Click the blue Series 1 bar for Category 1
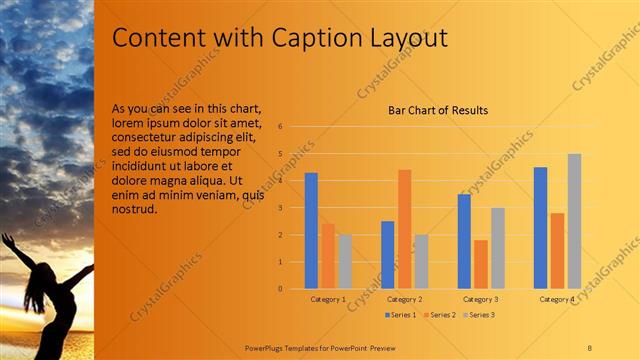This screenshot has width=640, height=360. [311, 231]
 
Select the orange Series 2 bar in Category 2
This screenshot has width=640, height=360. [404, 229]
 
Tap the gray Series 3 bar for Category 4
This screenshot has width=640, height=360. [574, 221]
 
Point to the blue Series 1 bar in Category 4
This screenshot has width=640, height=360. [541, 228]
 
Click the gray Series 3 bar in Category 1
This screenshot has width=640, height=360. [345, 262]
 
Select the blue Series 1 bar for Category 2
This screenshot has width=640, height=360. [388, 255]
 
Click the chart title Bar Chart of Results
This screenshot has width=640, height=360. [438, 110]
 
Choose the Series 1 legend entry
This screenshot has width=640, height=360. [400, 315]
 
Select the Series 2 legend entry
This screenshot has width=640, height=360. [441, 315]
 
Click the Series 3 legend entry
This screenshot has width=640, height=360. [481, 315]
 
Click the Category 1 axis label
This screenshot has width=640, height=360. [328, 299]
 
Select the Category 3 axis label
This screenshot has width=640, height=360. [481, 299]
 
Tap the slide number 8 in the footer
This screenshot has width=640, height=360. [589, 347]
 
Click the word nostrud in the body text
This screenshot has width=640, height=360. [134, 209]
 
